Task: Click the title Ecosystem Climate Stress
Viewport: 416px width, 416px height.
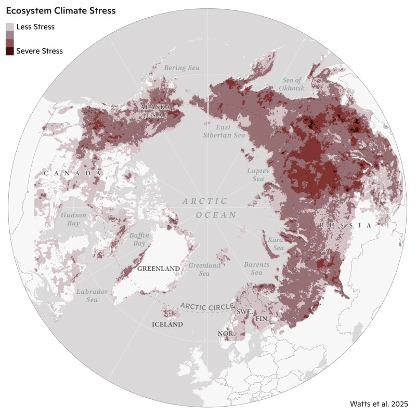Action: [x=60, y=10]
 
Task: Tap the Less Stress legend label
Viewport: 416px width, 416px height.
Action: [x=35, y=27]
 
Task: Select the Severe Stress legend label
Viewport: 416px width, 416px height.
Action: [x=40, y=51]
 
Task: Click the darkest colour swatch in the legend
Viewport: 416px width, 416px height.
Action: [x=10, y=51]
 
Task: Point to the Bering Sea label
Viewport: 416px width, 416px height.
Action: [x=181, y=68]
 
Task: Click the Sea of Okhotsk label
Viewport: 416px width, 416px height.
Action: [x=292, y=84]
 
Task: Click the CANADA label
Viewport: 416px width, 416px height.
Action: [x=72, y=173]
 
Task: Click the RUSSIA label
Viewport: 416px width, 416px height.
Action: [x=345, y=225]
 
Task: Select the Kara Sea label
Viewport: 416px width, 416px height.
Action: [x=275, y=244]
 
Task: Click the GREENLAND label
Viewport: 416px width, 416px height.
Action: [x=159, y=269]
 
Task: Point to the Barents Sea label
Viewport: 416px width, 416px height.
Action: [x=256, y=268]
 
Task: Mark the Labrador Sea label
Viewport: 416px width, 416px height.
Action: [x=92, y=295]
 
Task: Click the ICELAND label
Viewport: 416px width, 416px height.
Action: [x=167, y=324]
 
